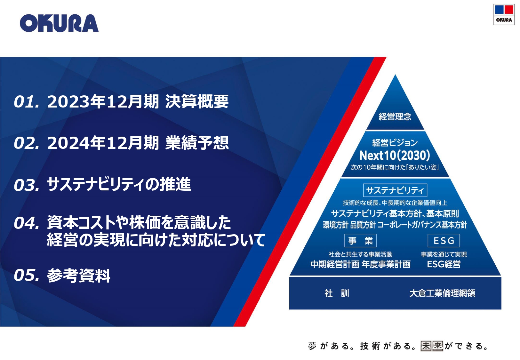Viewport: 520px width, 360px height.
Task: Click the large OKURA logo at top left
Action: (59, 23)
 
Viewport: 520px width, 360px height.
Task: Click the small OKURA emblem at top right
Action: (504, 14)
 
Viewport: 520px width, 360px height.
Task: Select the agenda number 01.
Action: (27, 102)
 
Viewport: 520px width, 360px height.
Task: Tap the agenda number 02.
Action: (27, 143)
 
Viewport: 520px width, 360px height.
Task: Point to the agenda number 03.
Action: (27, 185)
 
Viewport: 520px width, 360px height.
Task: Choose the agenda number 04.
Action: (27, 223)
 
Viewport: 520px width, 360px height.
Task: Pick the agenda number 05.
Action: (27, 275)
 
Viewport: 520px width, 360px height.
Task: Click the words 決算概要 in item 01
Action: (197, 102)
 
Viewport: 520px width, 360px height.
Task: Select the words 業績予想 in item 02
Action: (197, 143)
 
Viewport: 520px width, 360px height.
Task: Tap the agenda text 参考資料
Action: (79, 275)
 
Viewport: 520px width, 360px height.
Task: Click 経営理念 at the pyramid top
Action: (395, 116)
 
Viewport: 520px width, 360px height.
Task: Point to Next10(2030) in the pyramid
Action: (395, 156)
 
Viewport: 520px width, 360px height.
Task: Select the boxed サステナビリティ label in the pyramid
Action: (395, 190)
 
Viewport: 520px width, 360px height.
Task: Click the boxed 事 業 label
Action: (360, 241)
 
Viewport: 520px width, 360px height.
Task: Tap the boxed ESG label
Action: (444, 241)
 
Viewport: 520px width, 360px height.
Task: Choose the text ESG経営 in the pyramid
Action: (444, 264)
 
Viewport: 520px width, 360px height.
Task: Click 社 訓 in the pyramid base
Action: (337, 293)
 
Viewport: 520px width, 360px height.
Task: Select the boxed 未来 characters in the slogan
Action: (432, 346)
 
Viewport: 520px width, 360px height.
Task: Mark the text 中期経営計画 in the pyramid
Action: (335, 264)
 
